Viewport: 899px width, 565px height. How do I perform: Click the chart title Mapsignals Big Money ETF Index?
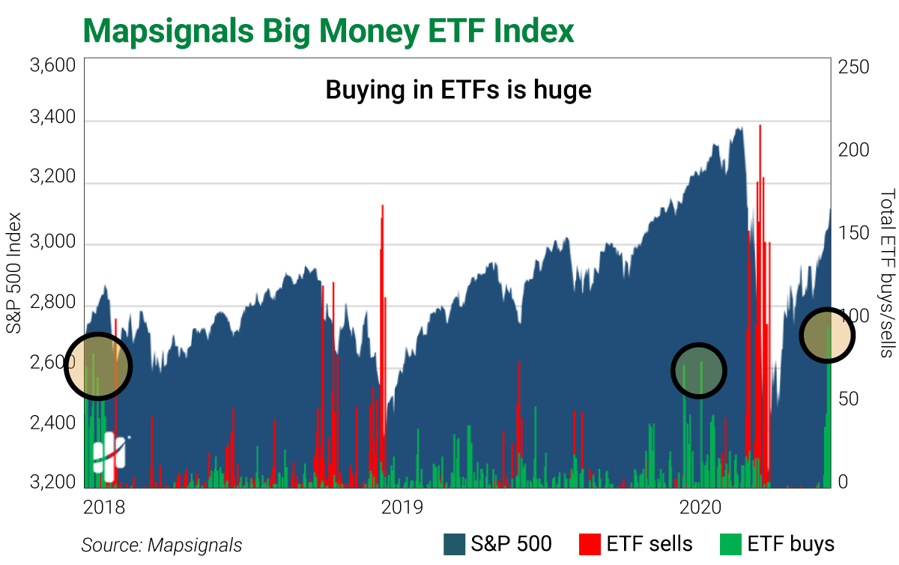[x=329, y=31]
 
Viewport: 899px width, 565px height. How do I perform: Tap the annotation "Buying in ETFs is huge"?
[x=458, y=91]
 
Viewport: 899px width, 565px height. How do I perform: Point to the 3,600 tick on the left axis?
[x=52, y=67]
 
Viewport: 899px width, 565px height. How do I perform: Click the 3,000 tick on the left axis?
[x=52, y=244]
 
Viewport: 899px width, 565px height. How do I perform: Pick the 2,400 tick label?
[x=52, y=423]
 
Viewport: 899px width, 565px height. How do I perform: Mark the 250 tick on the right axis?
[x=854, y=67]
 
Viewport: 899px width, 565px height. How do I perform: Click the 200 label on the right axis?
[x=854, y=150]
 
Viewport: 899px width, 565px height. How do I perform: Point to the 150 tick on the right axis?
[x=854, y=232]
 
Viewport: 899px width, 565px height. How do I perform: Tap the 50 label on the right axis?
[x=850, y=399]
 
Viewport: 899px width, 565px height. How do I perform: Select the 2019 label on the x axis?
[x=402, y=508]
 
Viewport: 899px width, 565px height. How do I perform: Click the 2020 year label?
[x=700, y=508]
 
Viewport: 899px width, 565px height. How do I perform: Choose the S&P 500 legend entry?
[x=497, y=543]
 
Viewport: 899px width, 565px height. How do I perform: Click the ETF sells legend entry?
[x=636, y=543]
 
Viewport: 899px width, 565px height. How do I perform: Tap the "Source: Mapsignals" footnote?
[x=162, y=545]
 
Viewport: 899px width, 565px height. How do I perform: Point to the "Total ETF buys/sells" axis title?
[x=886, y=274]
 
